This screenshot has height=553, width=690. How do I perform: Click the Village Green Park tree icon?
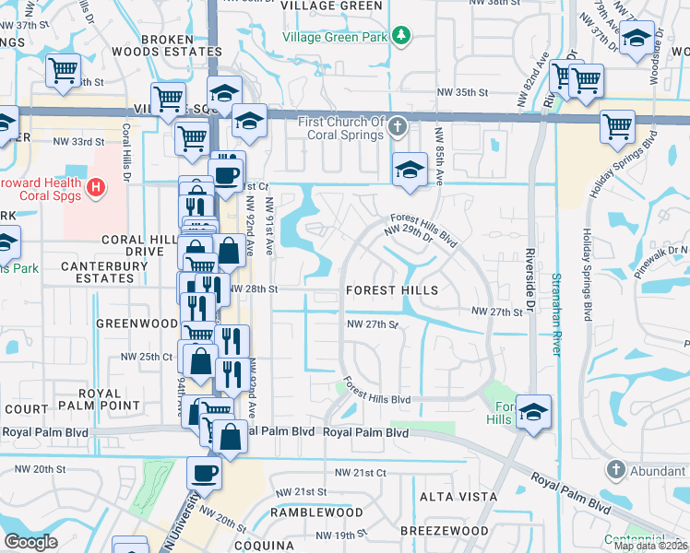click(x=400, y=35)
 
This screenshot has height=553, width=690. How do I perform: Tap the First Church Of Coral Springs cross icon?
click(x=398, y=125)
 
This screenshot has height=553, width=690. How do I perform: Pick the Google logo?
click(x=30, y=542)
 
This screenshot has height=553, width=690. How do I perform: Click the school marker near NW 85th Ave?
click(x=410, y=170)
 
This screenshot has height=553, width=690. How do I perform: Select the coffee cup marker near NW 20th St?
click(x=204, y=474)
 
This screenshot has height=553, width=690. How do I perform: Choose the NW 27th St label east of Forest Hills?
click(x=497, y=312)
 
